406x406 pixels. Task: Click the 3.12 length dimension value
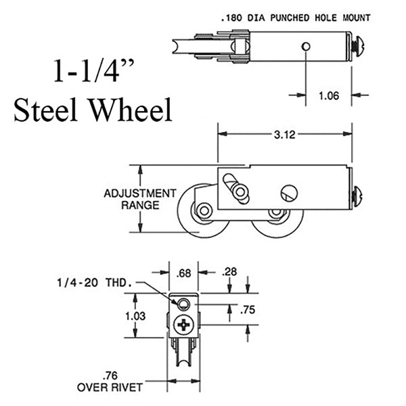[284, 135]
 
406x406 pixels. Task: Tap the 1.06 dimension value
[329, 96]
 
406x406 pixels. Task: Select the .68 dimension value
[182, 273]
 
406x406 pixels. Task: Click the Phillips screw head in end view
[184, 325]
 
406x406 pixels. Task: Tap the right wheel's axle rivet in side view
[275, 214]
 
